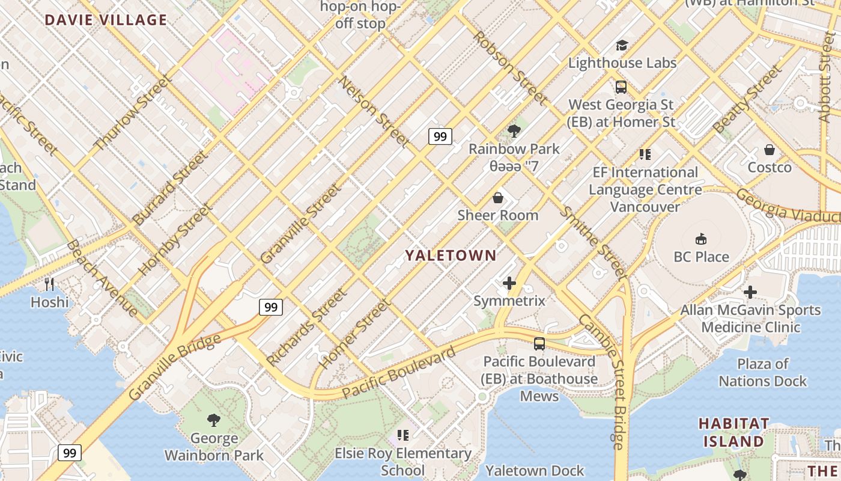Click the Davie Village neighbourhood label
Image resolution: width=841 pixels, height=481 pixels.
[106, 20]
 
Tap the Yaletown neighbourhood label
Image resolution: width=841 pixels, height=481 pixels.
[451, 256]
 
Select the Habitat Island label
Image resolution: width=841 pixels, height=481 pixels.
[733, 432]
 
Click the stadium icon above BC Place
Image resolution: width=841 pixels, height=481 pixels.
[700, 239]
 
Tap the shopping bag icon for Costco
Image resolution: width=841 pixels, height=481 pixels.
[769, 150]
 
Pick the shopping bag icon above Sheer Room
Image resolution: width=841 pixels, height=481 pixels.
[497, 197]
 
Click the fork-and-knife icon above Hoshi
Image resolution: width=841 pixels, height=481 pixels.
[49, 284]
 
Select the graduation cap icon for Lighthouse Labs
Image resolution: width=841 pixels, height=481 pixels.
[621, 45]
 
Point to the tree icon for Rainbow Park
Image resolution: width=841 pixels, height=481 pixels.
[514, 130]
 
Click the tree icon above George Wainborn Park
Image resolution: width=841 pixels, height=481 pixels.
[213, 420]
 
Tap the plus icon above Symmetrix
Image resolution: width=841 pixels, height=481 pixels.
[509, 283]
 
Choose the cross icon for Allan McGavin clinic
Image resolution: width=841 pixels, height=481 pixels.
[750, 292]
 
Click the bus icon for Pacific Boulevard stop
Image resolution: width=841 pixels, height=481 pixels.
[539, 344]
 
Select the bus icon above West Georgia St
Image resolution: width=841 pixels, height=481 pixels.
[621, 87]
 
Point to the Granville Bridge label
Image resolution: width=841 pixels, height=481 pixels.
[175, 367]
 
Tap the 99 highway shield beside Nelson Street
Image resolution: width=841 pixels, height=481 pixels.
[440, 136]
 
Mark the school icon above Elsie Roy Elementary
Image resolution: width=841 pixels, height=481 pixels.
[402, 435]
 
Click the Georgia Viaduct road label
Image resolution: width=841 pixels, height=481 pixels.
[787, 206]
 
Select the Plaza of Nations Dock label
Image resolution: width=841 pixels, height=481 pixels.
[763, 372]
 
